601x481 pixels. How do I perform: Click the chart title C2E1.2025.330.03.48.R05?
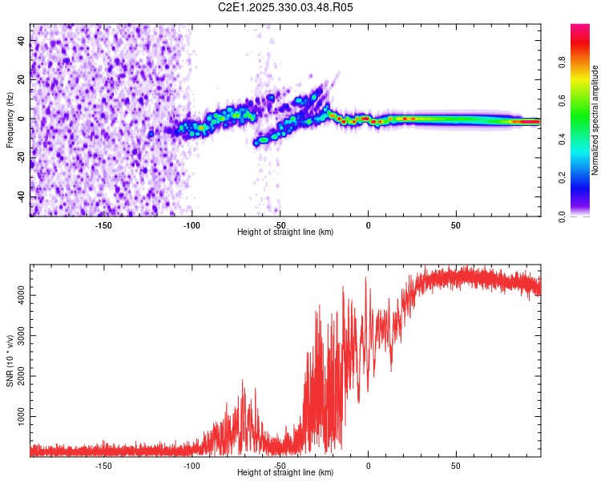pyautogui.click(x=286, y=7)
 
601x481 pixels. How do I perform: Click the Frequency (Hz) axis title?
pyautogui.click(x=10, y=120)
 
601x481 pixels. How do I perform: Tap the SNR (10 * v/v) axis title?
pyautogui.click(x=10, y=362)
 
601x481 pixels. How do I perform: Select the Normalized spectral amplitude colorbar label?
pyautogui.click(x=595, y=120)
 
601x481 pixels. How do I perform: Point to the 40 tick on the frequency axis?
pyautogui.click(x=21, y=40)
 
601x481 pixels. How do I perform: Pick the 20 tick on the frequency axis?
pyautogui.click(x=21, y=79)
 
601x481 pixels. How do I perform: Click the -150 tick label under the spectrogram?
pyautogui.click(x=103, y=225)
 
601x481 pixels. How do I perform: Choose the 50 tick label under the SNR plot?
pyautogui.click(x=456, y=465)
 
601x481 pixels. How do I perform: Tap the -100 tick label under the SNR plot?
pyautogui.click(x=192, y=465)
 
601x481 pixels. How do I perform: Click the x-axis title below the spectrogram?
pyautogui.click(x=285, y=232)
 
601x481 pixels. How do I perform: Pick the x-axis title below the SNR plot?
pyautogui.click(x=285, y=473)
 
